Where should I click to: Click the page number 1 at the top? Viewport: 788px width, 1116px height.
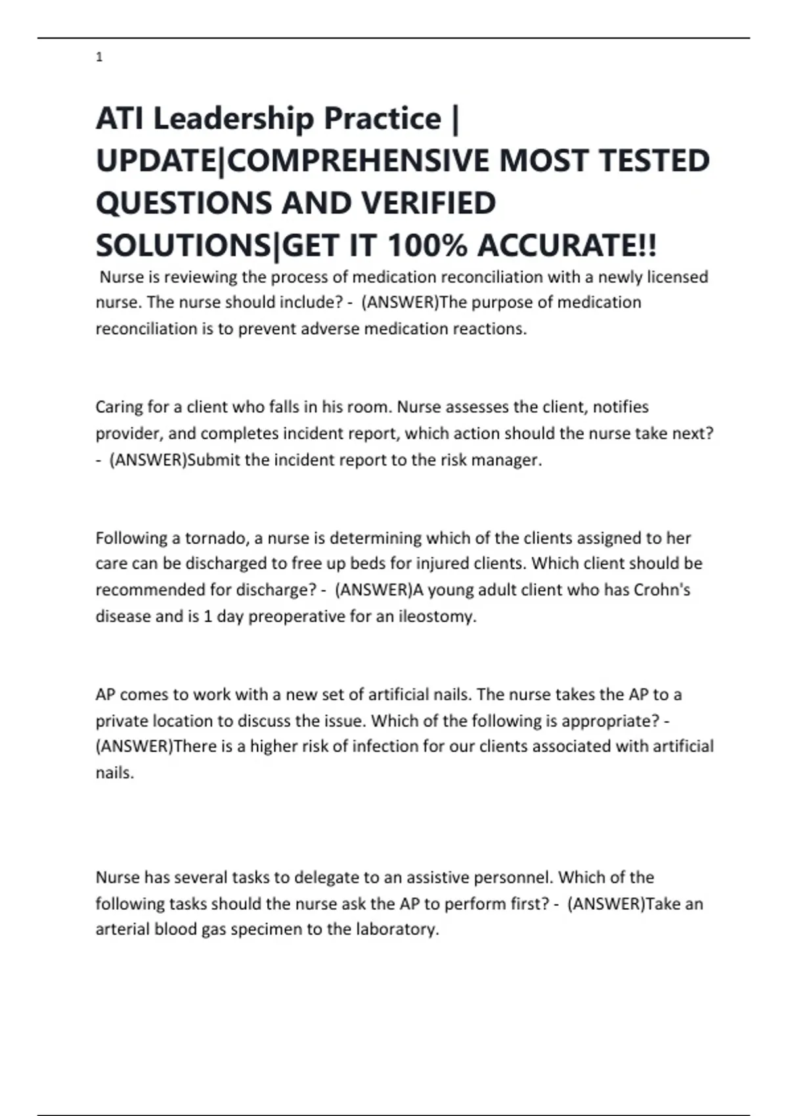click(99, 58)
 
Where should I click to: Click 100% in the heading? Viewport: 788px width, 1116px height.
click(427, 246)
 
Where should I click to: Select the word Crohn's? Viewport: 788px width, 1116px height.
click(662, 590)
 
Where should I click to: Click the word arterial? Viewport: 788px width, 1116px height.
click(122, 930)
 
